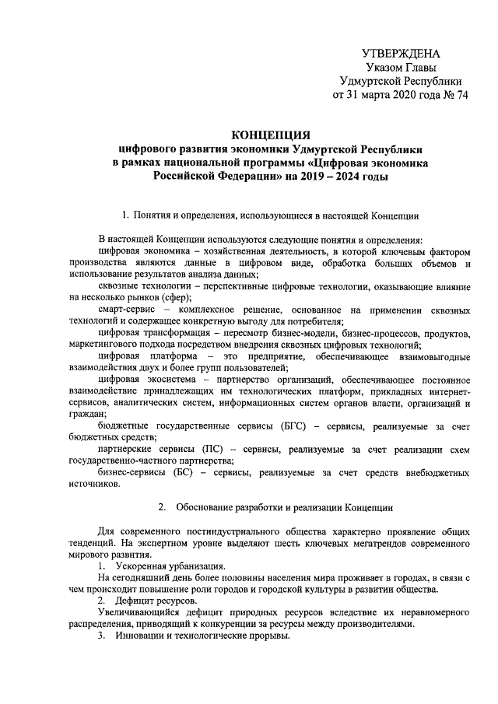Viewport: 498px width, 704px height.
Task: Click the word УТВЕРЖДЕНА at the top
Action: click(401, 53)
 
